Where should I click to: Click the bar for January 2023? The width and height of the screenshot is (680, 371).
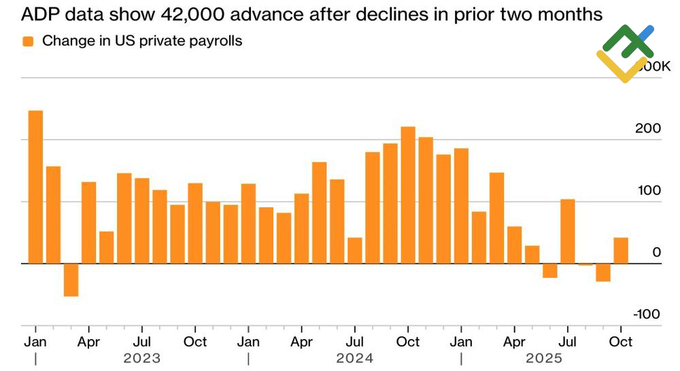[x=35, y=187]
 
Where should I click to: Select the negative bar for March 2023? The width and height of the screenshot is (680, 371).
[x=71, y=279]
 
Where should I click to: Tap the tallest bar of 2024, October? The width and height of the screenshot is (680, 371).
[x=408, y=195]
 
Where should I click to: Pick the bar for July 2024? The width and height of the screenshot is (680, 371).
[x=354, y=250]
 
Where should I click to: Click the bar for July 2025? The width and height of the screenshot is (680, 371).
[x=568, y=231]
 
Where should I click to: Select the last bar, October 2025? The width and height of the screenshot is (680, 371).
[x=621, y=250]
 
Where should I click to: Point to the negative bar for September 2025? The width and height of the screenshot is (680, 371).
[x=603, y=272]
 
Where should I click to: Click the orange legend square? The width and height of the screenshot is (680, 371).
[x=28, y=42]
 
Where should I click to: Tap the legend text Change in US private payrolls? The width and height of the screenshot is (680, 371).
[x=142, y=41]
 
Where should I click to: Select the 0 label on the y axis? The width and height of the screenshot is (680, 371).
[x=656, y=252]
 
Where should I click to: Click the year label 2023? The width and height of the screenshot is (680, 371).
[x=141, y=358]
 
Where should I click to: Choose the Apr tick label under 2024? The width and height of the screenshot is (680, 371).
[x=301, y=342]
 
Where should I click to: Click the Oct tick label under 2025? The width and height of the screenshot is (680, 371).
[x=621, y=342]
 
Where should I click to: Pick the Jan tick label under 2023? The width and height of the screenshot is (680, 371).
[x=35, y=342]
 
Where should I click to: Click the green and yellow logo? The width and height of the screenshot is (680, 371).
[x=625, y=52]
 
